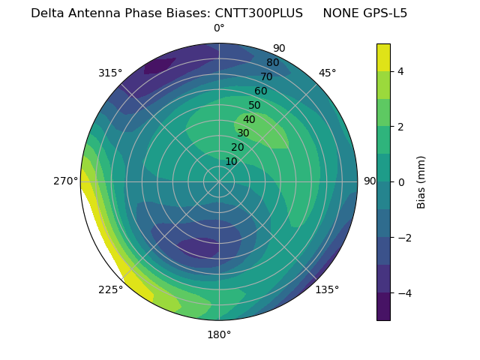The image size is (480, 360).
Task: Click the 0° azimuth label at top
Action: (x=219, y=28)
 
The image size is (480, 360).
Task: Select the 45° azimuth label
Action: (x=327, y=73)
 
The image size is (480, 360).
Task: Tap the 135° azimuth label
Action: (x=327, y=289)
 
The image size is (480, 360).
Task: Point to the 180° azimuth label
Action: (x=219, y=334)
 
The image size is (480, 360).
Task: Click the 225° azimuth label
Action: (x=110, y=289)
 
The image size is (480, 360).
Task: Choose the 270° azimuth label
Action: (x=66, y=181)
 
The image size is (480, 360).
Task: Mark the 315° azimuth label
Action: (x=110, y=73)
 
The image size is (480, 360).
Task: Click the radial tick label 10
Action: (x=231, y=161)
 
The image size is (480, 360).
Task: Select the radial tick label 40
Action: (x=249, y=120)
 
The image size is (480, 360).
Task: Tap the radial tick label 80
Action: (x=272, y=63)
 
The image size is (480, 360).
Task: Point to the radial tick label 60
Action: (x=260, y=91)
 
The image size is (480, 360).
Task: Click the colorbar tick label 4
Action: (x=401, y=71)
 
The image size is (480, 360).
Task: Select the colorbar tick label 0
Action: (x=401, y=182)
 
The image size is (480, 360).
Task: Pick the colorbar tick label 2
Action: (x=401, y=127)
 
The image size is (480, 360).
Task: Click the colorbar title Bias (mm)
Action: (x=421, y=182)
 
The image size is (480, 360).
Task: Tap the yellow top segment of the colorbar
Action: (x=383, y=57)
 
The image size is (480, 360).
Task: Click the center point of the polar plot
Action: (x=219, y=181)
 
